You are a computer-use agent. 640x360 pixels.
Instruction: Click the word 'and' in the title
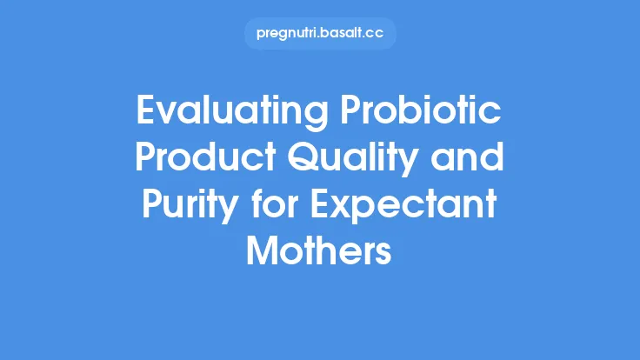(470, 162)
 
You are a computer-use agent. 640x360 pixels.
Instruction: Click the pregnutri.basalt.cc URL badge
(319, 34)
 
